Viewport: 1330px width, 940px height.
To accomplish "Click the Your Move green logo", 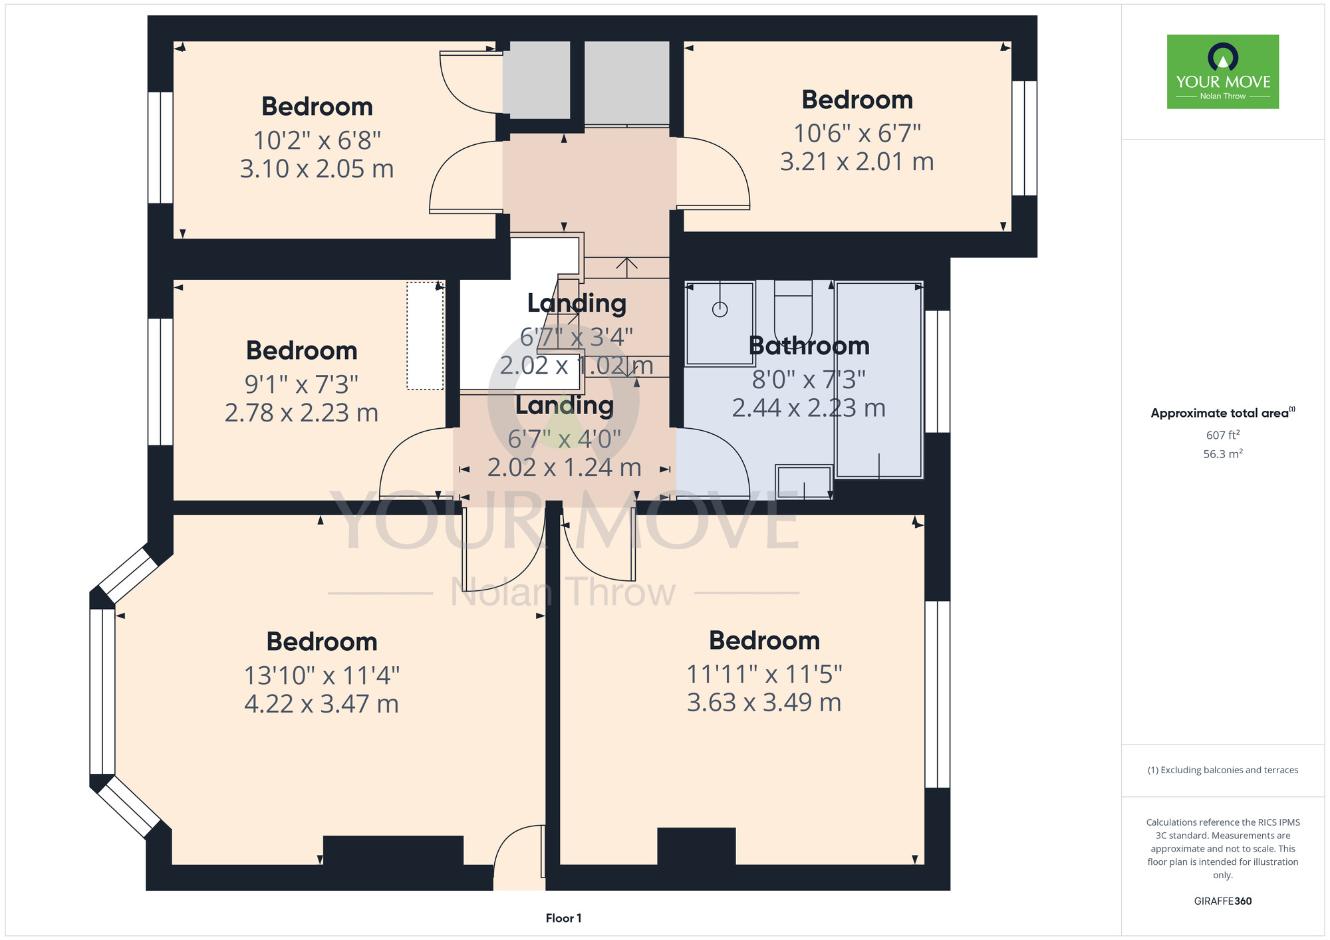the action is [x=1222, y=72].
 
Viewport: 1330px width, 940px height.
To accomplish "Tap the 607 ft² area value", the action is [x=1223, y=435].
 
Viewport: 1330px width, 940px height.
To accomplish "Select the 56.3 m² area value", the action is [x=1223, y=454].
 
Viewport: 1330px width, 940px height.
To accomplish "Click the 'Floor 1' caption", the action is [x=563, y=918].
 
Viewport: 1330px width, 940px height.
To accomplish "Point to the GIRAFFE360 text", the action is [x=1222, y=901].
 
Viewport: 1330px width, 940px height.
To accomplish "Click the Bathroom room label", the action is [x=809, y=346].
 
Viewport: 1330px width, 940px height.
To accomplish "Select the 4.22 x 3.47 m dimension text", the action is [x=321, y=703].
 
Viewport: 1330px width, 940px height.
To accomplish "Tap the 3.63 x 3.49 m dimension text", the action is [x=764, y=702].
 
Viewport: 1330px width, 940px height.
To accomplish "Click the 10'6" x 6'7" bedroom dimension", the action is [x=857, y=134].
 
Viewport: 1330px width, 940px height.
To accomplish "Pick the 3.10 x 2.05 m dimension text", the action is [x=317, y=169].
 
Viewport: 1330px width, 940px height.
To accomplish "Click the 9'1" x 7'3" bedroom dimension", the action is [x=301, y=384].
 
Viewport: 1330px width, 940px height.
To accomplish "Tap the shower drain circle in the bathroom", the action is [x=720, y=309].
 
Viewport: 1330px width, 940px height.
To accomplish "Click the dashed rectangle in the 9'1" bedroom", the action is [x=425, y=336].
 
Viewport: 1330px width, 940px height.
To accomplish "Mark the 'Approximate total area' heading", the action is [x=1223, y=413].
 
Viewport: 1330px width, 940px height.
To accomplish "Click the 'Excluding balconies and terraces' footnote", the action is [x=1223, y=770].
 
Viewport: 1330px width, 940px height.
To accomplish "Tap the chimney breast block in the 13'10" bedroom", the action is [x=393, y=850].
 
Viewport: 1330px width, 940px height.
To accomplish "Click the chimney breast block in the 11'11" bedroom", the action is [x=696, y=846].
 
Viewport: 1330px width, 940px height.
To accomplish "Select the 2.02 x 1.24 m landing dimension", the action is [x=564, y=467].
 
